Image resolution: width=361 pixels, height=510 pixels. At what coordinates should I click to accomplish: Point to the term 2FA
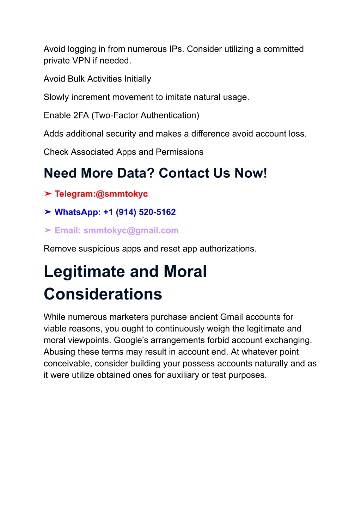click(x=81, y=116)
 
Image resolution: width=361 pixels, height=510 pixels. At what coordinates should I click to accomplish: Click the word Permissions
click(x=179, y=152)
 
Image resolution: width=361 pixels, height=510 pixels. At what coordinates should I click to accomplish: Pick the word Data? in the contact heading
click(x=136, y=173)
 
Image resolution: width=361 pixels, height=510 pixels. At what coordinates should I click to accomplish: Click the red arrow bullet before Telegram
click(x=48, y=194)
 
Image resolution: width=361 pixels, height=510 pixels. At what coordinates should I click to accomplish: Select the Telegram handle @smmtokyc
click(x=122, y=194)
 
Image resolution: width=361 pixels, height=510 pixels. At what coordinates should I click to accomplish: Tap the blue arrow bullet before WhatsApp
click(x=48, y=212)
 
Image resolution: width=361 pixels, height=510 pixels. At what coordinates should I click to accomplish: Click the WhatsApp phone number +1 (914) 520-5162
click(x=139, y=212)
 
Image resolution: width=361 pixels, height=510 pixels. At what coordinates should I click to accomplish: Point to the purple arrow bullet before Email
click(x=48, y=230)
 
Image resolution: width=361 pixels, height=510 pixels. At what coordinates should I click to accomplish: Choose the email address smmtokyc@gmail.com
click(x=131, y=231)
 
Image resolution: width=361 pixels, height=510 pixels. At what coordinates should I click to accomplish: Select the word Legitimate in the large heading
click(x=84, y=272)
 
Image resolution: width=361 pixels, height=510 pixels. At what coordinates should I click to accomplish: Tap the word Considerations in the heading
click(x=103, y=294)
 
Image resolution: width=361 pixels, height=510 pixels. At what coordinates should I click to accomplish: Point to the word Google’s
click(x=131, y=340)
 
